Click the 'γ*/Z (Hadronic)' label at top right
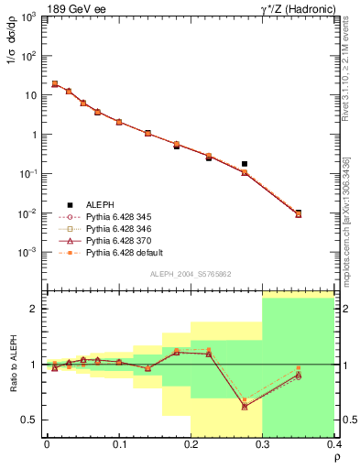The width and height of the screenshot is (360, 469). click(296, 8)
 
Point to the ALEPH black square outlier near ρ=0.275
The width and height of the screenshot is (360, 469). click(245, 164)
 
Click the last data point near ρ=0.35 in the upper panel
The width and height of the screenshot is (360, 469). click(298, 214)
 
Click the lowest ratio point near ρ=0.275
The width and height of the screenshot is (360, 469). click(245, 406)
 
